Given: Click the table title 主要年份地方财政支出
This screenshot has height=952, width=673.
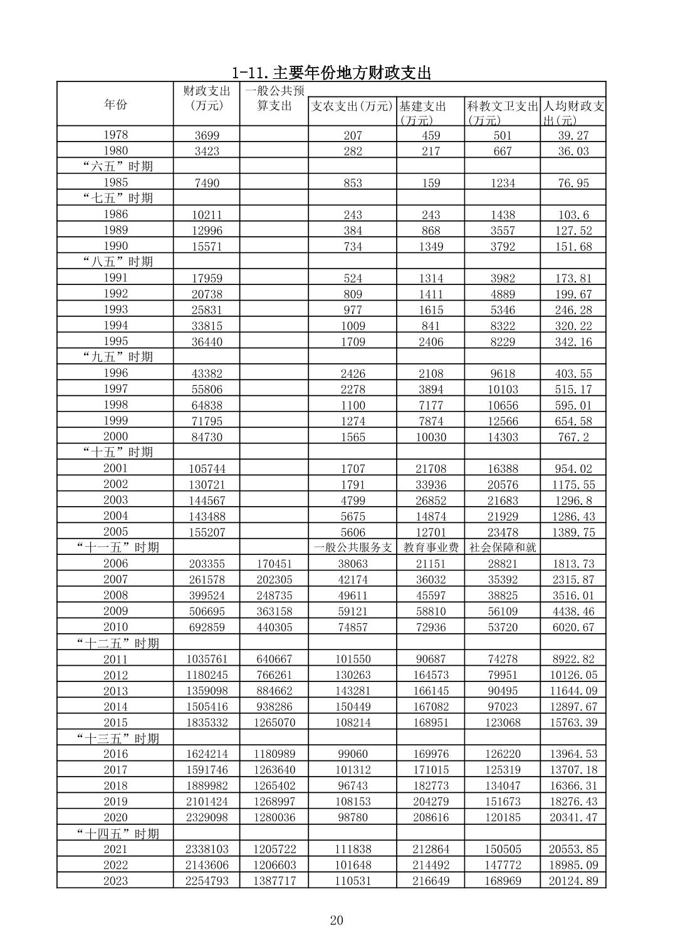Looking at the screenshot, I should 331,73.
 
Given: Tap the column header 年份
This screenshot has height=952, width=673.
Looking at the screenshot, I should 115,104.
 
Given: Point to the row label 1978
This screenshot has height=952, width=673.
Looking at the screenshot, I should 115,135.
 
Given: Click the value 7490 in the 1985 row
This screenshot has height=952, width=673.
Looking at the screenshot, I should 207,183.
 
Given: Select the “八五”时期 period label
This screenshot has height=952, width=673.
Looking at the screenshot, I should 118,261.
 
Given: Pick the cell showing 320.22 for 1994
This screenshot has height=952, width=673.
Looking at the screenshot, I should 573,326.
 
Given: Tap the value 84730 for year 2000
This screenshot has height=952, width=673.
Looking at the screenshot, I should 207,437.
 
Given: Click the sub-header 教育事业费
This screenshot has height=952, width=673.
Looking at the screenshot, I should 430,547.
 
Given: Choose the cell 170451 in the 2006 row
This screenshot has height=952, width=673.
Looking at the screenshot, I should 274,564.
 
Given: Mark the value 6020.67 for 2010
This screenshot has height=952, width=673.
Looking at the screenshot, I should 573,627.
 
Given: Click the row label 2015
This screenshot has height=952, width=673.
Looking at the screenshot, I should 115,722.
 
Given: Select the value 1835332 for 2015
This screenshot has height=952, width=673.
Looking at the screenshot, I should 207,722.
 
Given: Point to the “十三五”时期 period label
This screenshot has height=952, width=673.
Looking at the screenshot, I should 118,738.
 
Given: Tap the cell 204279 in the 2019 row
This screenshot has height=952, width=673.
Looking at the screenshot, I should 430,802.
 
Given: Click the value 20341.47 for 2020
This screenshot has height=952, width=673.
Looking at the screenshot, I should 573,817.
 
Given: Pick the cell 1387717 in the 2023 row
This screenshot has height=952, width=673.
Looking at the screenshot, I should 274,881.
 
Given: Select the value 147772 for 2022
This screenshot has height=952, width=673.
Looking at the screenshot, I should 503,865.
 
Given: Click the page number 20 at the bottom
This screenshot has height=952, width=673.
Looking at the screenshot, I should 336,920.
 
